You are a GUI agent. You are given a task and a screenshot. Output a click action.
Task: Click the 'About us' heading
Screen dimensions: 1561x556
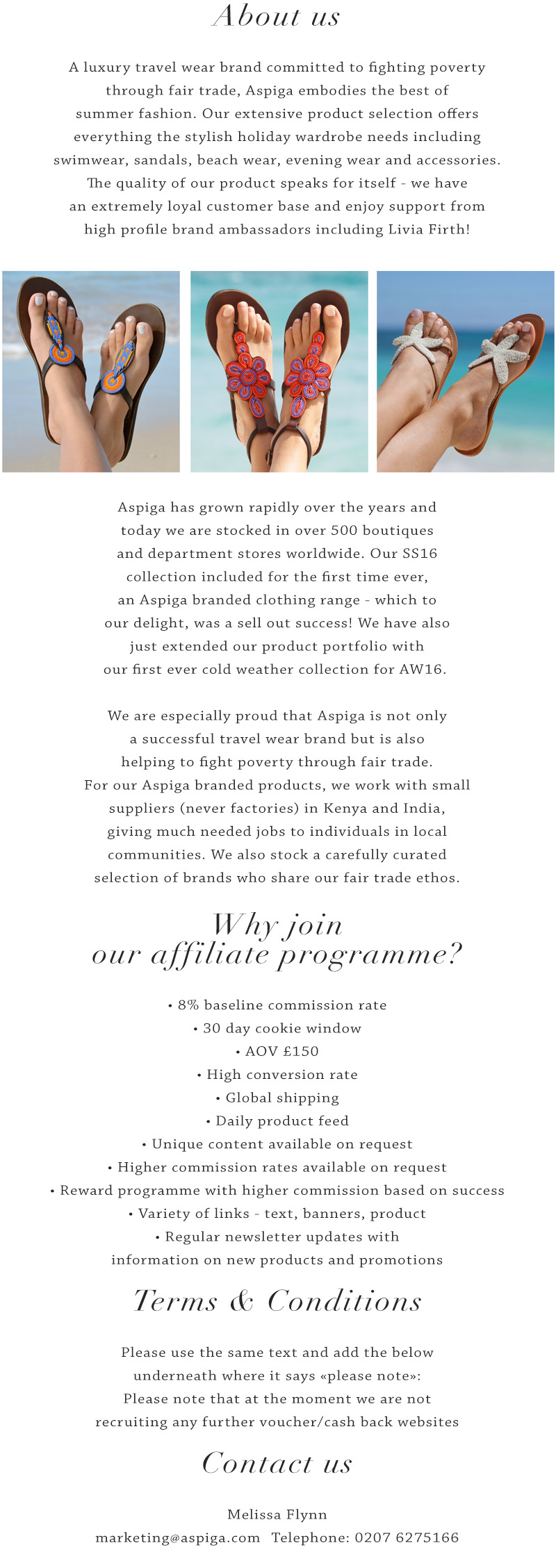(277, 16)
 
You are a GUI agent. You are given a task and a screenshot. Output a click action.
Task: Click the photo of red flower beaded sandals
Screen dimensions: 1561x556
(279, 372)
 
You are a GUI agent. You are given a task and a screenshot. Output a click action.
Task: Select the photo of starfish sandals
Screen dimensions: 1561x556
(465, 372)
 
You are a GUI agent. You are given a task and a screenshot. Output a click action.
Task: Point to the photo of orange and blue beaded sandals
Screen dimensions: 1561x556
(91, 372)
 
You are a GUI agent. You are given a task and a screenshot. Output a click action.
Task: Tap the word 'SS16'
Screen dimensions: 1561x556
(420, 554)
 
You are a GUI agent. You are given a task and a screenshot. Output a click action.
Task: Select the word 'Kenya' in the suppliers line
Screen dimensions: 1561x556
(345, 809)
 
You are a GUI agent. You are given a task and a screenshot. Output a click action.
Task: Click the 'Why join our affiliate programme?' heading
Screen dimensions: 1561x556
(277, 940)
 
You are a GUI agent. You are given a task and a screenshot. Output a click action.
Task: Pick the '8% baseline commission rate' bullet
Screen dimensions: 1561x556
(277, 1005)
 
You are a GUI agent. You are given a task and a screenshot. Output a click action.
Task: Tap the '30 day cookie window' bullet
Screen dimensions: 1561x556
(277, 1028)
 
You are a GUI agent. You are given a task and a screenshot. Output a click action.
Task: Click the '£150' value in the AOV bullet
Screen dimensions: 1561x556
(300, 1052)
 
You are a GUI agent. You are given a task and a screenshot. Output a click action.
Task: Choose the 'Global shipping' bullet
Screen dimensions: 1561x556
(277, 1098)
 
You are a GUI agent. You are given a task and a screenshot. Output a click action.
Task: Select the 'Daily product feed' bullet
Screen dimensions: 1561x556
(277, 1121)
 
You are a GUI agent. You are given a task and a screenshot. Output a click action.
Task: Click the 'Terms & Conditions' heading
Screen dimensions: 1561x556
(277, 1301)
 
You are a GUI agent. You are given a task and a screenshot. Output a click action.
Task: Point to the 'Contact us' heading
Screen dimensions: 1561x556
(277, 1464)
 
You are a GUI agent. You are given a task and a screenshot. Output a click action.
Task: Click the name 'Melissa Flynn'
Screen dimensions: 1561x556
(277, 1514)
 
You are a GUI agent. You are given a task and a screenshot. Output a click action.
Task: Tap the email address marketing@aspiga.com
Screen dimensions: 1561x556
(177, 1538)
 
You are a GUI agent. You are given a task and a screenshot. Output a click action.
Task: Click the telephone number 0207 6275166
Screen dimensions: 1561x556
(407, 1538)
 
